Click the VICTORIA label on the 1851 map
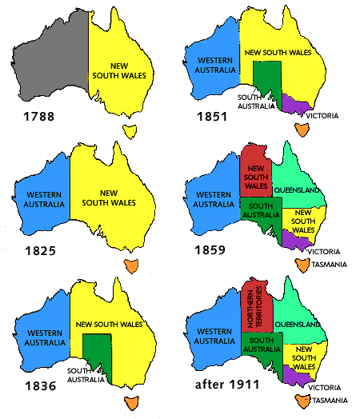pyautogui.click(x=322, y=116)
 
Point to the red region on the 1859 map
pyautogui.click(x=256, y=172)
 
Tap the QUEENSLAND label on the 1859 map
pyautogui.click(x=297, y=191)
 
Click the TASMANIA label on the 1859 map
pyautogui.click(x=328, y=264)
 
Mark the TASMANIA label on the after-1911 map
pyautogui.click(x=330, y=400)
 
